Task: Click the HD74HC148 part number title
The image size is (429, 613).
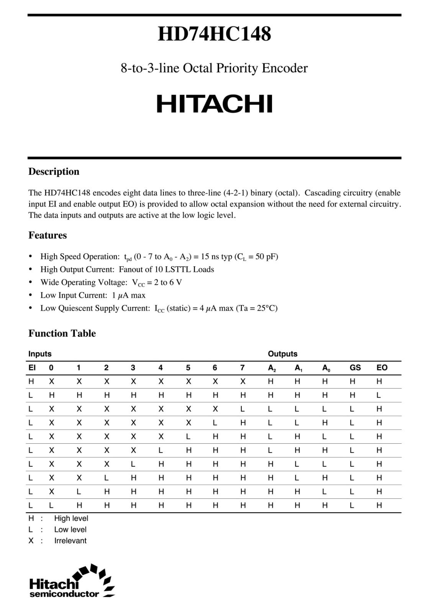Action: [214, 34]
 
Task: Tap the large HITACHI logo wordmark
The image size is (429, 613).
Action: [215, 103]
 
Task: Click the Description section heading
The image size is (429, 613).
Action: [54, 171]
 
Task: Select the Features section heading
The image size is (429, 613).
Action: [47, 235]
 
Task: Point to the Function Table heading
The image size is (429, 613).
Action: [62, 333]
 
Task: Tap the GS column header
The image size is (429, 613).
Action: [355, 367]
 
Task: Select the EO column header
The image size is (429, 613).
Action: [382, 367]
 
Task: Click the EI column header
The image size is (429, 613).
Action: [32, 367]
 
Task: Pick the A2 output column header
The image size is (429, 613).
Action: [272, 368]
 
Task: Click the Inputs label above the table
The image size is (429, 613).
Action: [40, 354]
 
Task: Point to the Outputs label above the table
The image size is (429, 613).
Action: [283, 354]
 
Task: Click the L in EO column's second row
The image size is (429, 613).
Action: [379, 395]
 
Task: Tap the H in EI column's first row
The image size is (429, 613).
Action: [31, 381]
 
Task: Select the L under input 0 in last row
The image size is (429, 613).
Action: [51, 505]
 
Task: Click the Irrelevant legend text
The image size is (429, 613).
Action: [70, 541]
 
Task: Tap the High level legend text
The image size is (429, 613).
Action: [71, 518]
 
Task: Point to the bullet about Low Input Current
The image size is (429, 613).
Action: [93, 295]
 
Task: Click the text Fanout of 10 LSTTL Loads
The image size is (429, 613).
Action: [166, 269]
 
